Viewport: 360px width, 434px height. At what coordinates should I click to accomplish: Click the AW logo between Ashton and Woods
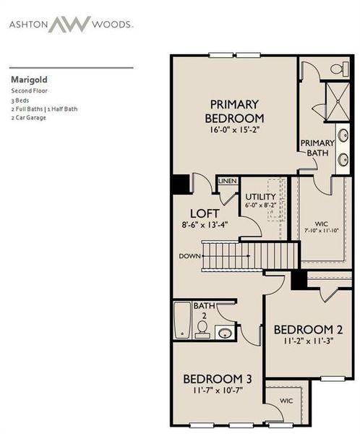pyautogui.click(x=69, y=24)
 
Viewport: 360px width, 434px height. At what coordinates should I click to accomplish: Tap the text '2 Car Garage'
pyautogui.click(x=29, y=117)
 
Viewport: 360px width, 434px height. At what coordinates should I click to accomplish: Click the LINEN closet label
pyautogui.click(x=227, y=180)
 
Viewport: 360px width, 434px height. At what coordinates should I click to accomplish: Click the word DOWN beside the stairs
pyautogui.click(x=189, y=256)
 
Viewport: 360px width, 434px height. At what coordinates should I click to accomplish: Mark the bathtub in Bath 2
pyautogui.click(x=182, y=321)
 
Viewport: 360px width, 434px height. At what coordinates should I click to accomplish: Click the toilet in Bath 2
pyautogui.click(x=202, y=329)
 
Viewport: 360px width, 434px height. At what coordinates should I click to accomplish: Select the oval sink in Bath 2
pyautogui.click(x=225, y=333)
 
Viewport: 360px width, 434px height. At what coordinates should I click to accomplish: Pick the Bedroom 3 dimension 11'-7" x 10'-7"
pyautogui.click(x=216, y=391)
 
